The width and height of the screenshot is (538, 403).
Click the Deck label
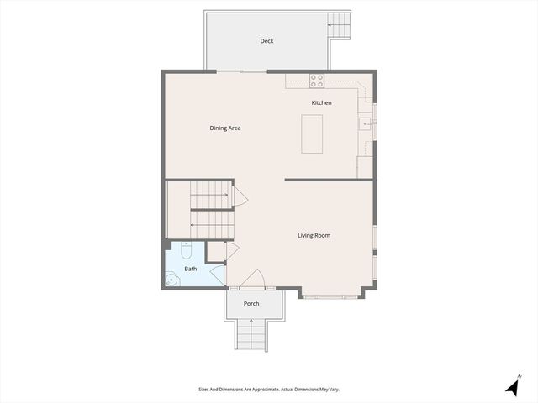266,40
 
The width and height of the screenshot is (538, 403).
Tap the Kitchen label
321,102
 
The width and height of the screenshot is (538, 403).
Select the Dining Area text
225,128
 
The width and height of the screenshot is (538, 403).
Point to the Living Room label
314,235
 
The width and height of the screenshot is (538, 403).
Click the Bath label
191,269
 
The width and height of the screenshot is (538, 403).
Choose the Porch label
251,303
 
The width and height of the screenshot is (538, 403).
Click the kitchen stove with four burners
317,81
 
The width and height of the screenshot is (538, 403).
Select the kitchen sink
367,124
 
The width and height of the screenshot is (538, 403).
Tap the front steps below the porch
251,336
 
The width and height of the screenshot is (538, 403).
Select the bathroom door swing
218,275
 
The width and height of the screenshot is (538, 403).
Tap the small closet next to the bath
215,251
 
